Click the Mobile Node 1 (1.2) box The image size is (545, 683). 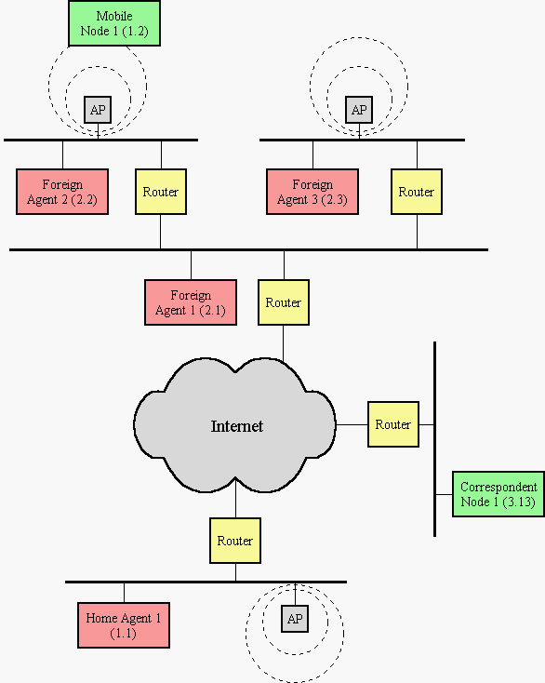pyautogui.click(x=114, y=23)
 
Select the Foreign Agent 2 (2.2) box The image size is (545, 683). pyautogui.click(x=62, y=192)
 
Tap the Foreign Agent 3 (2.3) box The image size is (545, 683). pyautogui.click(x=312, y=192)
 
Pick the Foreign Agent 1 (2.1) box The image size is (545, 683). pyautogui.click(x=191, y=302)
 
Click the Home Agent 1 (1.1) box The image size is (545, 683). pyautogui.click(x=124, y=625)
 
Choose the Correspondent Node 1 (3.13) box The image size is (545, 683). pyautogui.click(x=498, y=494)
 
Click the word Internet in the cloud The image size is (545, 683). pyautogui.click(x=237, y=426)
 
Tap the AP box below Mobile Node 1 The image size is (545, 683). pyautogui.click(x=98, y=110)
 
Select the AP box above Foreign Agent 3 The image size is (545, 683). pyautogui.click(x=359, y=110)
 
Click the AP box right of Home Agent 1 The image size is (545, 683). pyautogui.click(x=295, y=619)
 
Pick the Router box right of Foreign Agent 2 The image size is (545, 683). pyautogui.click(x=161, y=192)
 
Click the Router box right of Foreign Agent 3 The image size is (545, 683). pyautogui.click(x=417, y=192)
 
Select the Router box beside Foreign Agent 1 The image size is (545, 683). pyautogui.click(x=284, y=302)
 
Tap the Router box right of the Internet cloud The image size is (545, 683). pyautogui.click(x=393, y=424)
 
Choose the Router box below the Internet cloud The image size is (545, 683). pyautogui.click(x=235, y=541)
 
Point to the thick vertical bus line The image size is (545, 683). pyautogui.click(x=435, y=439)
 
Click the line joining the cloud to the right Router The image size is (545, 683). pyautogui.click(x=352, y=424)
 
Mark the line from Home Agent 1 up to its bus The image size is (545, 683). pyautogui.click(x=124, y=593)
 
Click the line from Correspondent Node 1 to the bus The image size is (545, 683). pyautogui.click(x=445, y=494)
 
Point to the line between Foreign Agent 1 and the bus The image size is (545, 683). pyautogui.click(x=191, y=266)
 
